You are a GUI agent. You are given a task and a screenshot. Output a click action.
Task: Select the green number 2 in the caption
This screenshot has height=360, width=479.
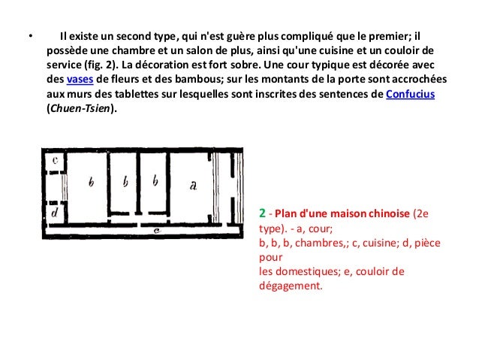tap(262, 213)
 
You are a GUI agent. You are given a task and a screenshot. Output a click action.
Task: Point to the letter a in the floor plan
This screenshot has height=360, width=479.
tap(193, 186)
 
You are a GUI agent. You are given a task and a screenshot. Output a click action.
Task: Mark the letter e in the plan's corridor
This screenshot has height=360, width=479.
tap(154, 230)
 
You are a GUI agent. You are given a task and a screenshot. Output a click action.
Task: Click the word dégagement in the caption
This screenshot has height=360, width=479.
tap(288, 286)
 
